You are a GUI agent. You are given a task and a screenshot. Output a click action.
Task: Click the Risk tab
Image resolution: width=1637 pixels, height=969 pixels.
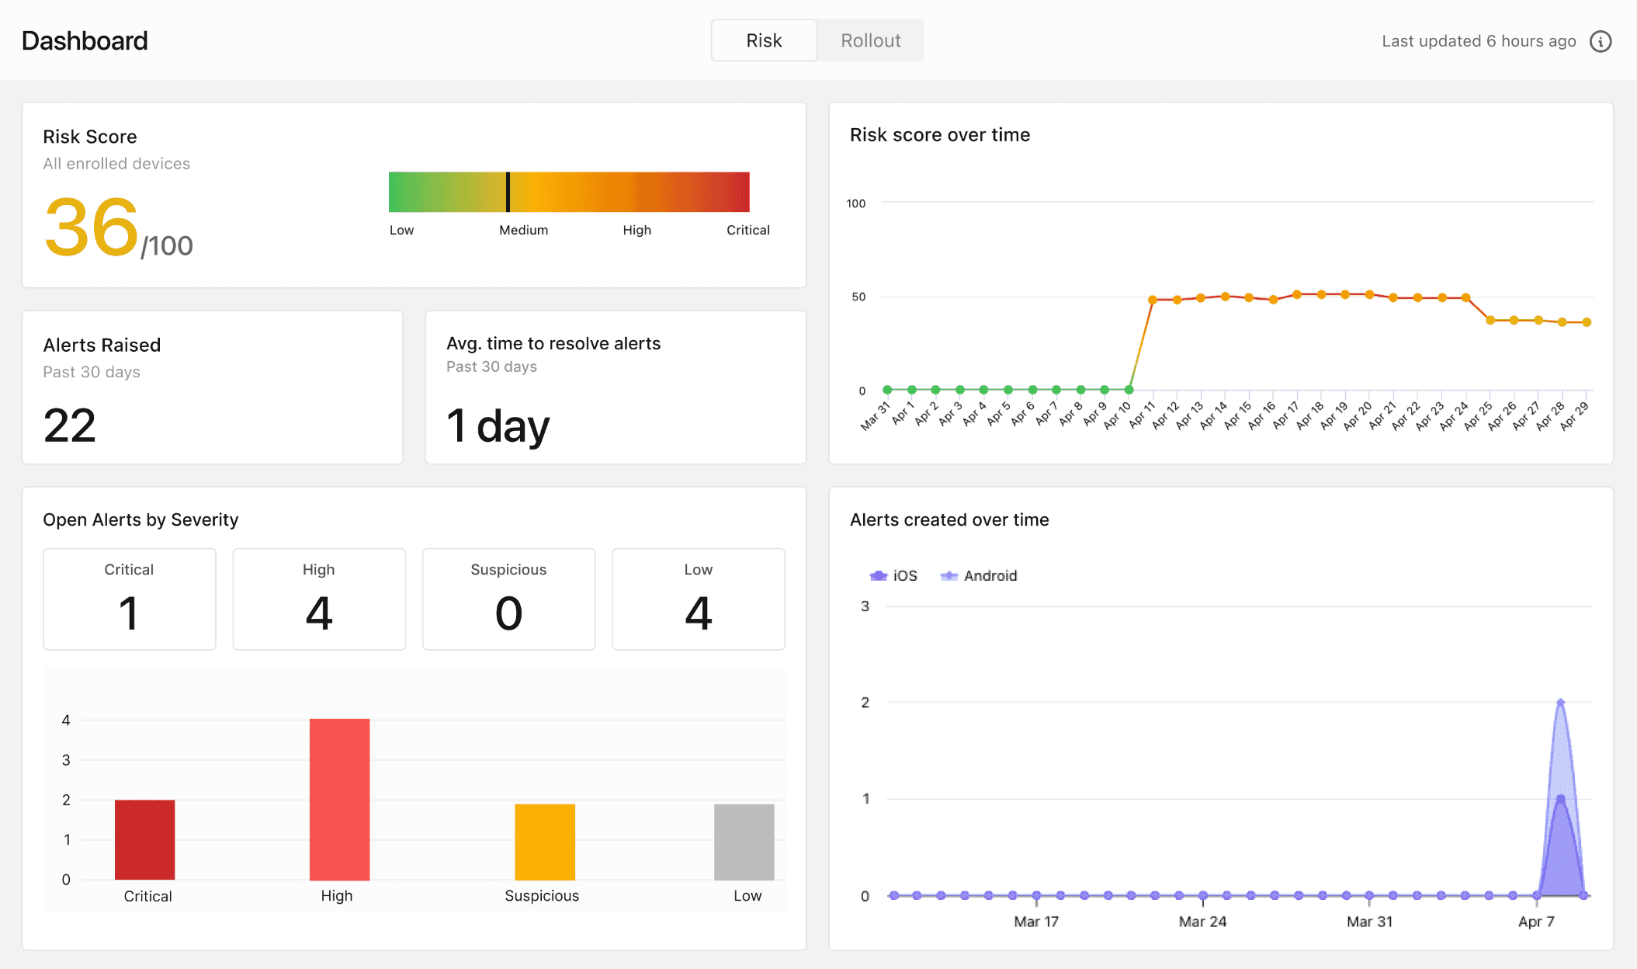[764, 40]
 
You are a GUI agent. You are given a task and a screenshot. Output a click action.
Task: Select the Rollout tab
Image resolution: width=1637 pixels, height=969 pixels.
[870, 40]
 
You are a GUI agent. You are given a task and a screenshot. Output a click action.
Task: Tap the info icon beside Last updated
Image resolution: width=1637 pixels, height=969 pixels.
[1601, 41]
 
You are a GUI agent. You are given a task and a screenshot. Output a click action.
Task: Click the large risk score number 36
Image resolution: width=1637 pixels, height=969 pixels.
[92, 227]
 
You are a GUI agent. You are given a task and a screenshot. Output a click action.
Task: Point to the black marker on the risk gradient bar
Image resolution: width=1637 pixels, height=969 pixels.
[508, 192]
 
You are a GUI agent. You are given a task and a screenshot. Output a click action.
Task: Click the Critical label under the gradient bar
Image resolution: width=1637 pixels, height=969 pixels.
[747, 230]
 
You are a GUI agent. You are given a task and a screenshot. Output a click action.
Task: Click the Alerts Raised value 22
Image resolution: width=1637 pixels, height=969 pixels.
[70, 425]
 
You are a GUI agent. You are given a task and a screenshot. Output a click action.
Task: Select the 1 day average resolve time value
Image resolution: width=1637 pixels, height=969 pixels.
[498, 426]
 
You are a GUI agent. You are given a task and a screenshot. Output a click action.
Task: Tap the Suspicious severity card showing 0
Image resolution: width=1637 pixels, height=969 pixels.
[508, 599]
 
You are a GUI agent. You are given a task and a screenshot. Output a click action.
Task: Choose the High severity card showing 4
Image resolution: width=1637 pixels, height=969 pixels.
[319, 599]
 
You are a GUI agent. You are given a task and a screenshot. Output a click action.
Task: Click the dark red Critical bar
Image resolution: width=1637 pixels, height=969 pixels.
[144, 839]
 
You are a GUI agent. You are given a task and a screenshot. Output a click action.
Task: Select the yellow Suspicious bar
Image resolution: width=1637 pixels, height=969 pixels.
[545, 842]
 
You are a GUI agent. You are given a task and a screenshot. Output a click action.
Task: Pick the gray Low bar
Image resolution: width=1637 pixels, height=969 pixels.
[744, 842]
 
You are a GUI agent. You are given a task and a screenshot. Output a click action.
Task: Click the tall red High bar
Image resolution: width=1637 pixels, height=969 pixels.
[339, 799]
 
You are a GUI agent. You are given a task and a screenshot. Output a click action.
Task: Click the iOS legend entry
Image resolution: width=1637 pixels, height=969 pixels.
[893, 575]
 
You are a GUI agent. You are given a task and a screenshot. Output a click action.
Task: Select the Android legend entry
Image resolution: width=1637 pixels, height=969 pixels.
[978, 575]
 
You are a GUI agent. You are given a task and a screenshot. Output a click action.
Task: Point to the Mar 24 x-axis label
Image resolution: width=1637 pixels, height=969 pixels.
[1202, 922]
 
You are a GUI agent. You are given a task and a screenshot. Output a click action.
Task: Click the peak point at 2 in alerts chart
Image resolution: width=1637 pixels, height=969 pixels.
[1560, 703]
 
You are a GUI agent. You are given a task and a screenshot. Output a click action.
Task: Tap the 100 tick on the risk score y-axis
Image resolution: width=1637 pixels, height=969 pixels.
[855, 203]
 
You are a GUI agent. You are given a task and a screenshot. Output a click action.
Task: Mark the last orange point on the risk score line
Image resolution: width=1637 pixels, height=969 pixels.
[1587, 322]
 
